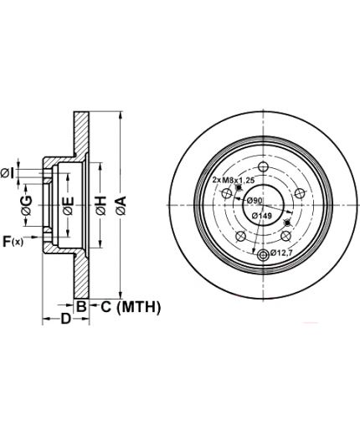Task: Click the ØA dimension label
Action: pyautogui.click(x=121, y=206)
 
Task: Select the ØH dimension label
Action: pyautogui.click(x=101, y=206)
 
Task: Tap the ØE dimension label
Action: pyautogui.click(x=69, y=206)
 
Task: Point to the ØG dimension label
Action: pyautogui.click(x=27, y=206)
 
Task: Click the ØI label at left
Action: pyautogui.click(x=7, y=173)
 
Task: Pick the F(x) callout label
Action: pyautogui.click(x=13, y=241)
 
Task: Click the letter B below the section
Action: pyautogui.click(x=81, y=307)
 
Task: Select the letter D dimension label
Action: pyautogui.click(x=66, y=319)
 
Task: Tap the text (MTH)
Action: pyautogui.click(x=139, y=307)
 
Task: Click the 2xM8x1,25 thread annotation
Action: pyautogui.click(x=234, y=180)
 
